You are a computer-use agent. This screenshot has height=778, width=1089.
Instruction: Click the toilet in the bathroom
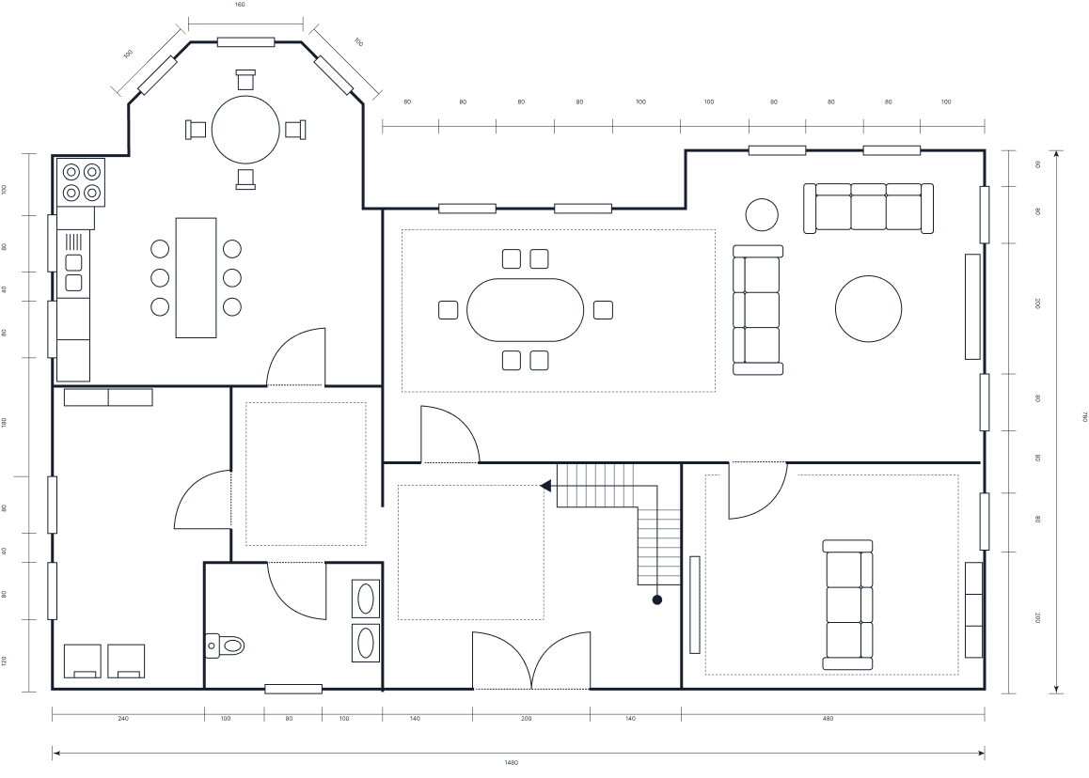pyautogui.click(x=227, y=645)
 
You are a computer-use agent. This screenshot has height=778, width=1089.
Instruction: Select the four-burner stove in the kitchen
pyautogui.click(x=80, y=182)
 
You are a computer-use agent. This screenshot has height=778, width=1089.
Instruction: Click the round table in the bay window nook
pyautogui.click(x=245, y=130)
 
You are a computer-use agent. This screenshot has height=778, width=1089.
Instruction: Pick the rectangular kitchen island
pyautogui.click(x=196, y=277)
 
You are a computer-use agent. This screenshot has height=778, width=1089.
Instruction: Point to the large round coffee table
pyautogui.click(x=868, y=308)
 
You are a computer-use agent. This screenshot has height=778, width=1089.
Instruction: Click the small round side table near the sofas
pyautogui.click(x=762, y=214)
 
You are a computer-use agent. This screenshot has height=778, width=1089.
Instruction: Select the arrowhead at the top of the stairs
pyautogui.click(x=545, y=486)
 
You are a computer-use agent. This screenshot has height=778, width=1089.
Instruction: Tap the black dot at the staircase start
pyautogui.click(x=657, y=599)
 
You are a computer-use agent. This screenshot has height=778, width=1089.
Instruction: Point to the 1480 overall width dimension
pyautogui.click(x=512, y=763)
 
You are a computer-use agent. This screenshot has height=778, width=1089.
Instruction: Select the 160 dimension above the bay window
pyautogui.click(x=239, y=5)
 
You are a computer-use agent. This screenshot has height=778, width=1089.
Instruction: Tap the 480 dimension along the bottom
pyautogui.click(x=828, y=719)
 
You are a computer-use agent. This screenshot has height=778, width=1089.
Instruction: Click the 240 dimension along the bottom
pyautogui.click(x=123, y=719)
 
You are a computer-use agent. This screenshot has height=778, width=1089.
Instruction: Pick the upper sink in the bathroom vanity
pyautogui.click(x=365, y=598)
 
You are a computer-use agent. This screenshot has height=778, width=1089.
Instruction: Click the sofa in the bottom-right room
pyautogui.click(x=847, y=604)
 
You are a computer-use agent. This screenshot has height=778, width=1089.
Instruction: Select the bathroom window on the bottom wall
pyautogui.click(x=292, y=689)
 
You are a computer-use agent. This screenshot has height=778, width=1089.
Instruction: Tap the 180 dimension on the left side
pyautogui.click(x=5, y=422)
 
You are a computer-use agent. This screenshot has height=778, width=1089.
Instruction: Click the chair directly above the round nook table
pyautogui.click(x=245, y=80)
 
